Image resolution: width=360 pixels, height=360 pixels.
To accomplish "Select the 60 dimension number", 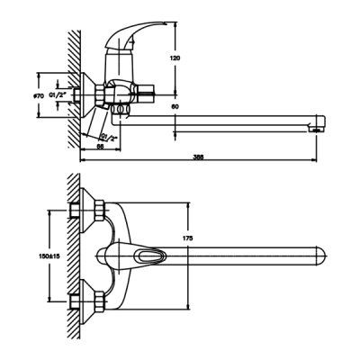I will [187, 107].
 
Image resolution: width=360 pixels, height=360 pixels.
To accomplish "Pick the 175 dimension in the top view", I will [188, 238].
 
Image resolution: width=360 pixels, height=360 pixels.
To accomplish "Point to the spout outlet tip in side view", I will [316, 127].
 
